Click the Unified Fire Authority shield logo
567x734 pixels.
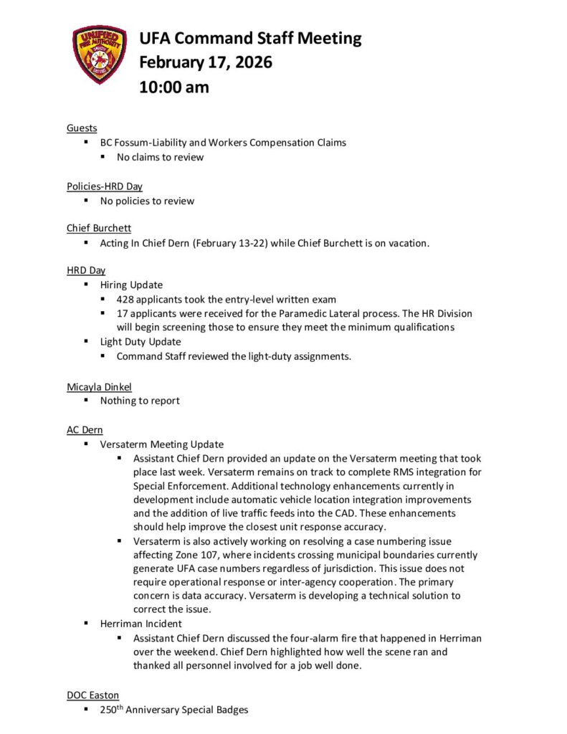point(100,55)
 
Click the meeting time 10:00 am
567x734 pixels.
point(174,87)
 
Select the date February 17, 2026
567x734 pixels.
point(206,62)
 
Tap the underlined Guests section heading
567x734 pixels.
point(82,128)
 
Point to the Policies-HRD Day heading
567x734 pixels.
point(105,186)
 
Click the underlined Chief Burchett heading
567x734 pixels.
point(99,228)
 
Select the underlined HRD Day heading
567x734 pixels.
point(86,270)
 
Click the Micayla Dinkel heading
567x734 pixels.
point(99,386)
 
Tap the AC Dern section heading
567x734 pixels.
point(85,429)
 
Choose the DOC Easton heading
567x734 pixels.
point(92,695)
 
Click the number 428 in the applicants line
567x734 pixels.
point(125,300)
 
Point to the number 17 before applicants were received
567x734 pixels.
point(123,314)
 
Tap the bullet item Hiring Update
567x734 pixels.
point(131,285)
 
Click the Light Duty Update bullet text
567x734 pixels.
point(140,342)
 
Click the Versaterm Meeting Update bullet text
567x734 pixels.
point(162,444)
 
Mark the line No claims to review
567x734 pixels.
point(161,157)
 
